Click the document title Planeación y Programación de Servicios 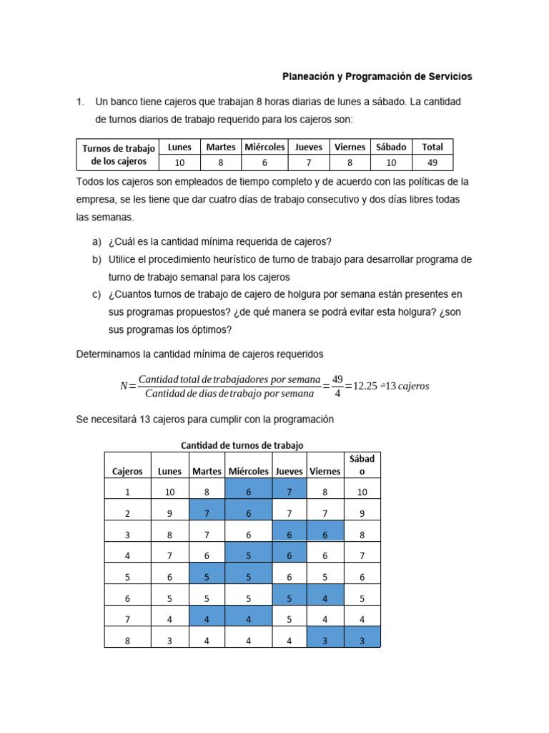[x=377, y=77]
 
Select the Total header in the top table [x=432, y=147]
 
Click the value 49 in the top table [x=432, y=162]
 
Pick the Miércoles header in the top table [x=264, y=147]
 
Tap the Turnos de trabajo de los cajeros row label [x=118, y=155]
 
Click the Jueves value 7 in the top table [x=309, y=162]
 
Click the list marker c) [x=97, y=294]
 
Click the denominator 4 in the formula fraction [x=337, y=394]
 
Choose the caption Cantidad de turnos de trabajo [x=242, y=445]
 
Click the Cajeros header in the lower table [x=127, y=471]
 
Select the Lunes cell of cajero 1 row [x=169, y=492]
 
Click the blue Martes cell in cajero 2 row [x=207, y=513]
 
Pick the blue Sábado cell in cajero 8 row [x=362, y=641]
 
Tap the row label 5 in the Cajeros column [x=127, y=577]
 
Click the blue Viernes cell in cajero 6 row [x=325, y=598]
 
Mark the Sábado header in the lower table [x=362, y=465]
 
